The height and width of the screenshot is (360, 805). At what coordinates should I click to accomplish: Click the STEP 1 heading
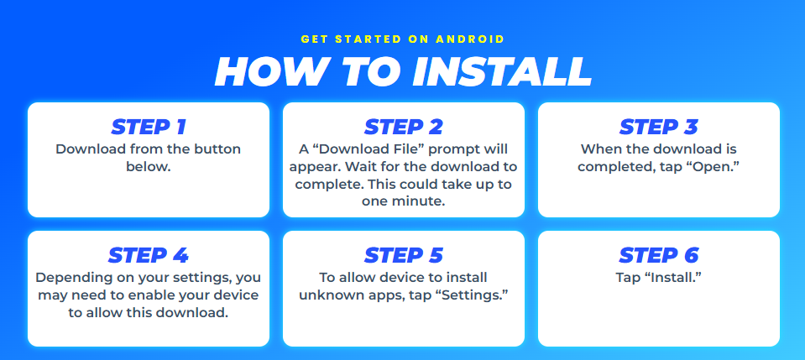(x=149, y=127)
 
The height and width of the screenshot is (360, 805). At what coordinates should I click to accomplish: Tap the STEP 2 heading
(x=403, y=127)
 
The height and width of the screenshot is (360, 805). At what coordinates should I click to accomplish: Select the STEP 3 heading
(x=658, y=127)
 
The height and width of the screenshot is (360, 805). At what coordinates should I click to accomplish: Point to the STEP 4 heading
(x=149, y=255)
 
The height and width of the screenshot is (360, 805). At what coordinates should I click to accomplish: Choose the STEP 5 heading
(x=403, y=255)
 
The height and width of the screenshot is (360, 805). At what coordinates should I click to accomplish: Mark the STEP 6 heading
(x=658, y=255)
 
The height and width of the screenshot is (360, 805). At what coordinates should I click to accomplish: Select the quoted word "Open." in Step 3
(x=712, y=166)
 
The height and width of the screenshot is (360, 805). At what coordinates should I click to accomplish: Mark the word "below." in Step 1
(x=149, y=166)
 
